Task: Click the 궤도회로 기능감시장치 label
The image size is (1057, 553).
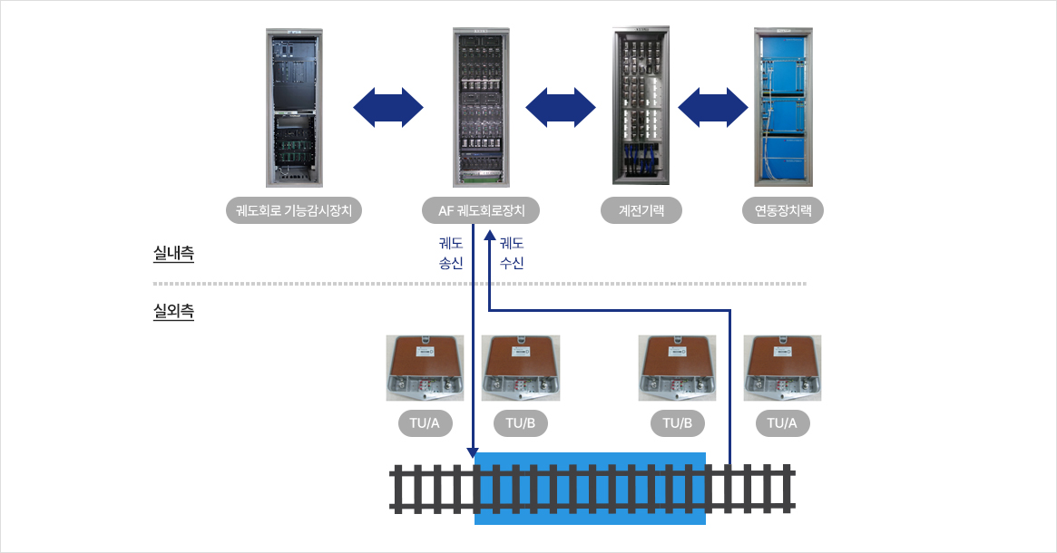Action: point(294,211)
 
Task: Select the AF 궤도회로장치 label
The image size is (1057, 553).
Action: point(481,211)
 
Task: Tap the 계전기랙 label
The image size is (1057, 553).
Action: point(641,211)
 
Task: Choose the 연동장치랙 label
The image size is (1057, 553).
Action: point(783,211)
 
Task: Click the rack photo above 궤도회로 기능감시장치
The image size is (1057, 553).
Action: point(294,108)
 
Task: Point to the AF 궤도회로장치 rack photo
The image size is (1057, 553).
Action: point(481,108)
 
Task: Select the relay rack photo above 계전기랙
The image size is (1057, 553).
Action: point(641,106)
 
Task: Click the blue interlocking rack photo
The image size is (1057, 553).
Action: point(783,107)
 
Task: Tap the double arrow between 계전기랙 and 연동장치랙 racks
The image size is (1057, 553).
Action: point(712,107)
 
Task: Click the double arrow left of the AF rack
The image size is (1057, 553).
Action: point(388,107)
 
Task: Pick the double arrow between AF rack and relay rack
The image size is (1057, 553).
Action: point(561,107)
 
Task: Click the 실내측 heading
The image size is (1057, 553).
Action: point(174,253)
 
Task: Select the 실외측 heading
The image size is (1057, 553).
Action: point(174,311)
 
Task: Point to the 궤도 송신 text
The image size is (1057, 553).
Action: point(451,253)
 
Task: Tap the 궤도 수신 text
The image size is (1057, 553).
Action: point(512,253)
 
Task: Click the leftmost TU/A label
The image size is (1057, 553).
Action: point(425,423)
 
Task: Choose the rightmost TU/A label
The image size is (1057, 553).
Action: point(782,423)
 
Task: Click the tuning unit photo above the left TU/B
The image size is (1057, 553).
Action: point(521,368)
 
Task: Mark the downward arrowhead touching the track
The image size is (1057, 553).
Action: point(474,452)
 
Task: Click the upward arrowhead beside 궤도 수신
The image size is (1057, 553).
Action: point(490,236)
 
